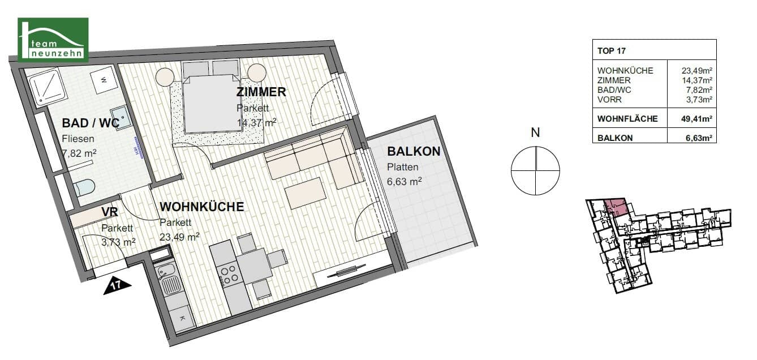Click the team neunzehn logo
53,40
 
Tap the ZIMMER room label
261,92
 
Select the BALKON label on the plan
414,152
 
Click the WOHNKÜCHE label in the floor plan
202,207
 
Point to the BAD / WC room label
91,123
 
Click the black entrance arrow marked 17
117,286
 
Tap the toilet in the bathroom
84,187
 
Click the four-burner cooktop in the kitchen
228,275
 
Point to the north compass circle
535,171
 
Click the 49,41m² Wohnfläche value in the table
696,119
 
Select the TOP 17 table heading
612,51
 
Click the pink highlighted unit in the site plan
617,207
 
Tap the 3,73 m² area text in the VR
118,242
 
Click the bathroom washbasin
121,117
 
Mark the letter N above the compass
535,132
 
